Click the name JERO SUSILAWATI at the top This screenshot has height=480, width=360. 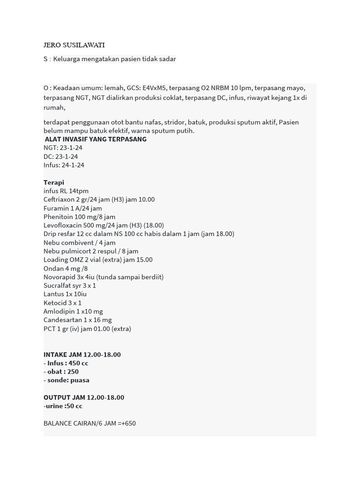74,45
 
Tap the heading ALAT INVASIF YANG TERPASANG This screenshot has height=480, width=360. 96,139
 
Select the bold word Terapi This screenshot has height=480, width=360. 54,182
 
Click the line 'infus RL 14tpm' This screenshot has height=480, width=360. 66,191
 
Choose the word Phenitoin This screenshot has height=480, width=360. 59,217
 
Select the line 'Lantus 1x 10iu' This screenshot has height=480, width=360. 65,294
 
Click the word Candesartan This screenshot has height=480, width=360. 63,320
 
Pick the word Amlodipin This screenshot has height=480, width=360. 59,311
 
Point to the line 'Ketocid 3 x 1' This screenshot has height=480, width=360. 62,303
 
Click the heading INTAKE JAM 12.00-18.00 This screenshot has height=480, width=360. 82,354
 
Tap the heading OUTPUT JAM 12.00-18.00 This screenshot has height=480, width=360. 84,397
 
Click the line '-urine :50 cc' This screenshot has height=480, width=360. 63,406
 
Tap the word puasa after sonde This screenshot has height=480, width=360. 80,380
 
